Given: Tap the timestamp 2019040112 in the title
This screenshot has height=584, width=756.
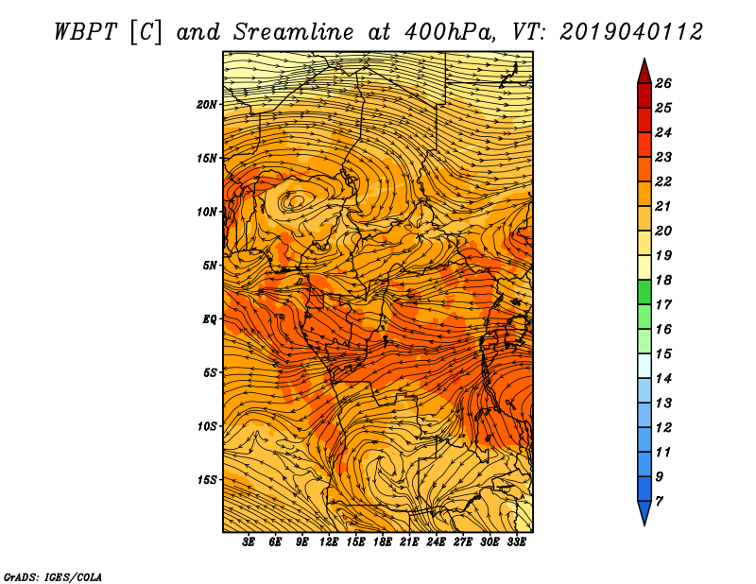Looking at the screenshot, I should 630,31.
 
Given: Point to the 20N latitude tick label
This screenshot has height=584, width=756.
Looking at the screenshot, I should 207,104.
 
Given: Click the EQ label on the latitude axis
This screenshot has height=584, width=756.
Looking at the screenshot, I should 210,318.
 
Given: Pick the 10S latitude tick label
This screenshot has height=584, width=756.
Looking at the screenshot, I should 207,426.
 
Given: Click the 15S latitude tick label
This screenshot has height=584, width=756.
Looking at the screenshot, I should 207,479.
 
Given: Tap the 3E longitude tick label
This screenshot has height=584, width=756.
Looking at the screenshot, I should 249,542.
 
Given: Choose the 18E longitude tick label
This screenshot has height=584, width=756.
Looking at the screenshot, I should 382,542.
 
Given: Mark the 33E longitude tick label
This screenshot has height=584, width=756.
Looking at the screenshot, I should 516,542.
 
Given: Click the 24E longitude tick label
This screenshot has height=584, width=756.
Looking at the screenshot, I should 436,542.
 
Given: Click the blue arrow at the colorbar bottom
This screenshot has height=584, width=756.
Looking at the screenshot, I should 644,513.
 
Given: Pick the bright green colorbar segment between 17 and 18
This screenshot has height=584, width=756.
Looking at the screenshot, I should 644,293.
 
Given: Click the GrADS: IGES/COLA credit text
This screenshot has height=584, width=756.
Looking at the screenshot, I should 53,575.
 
